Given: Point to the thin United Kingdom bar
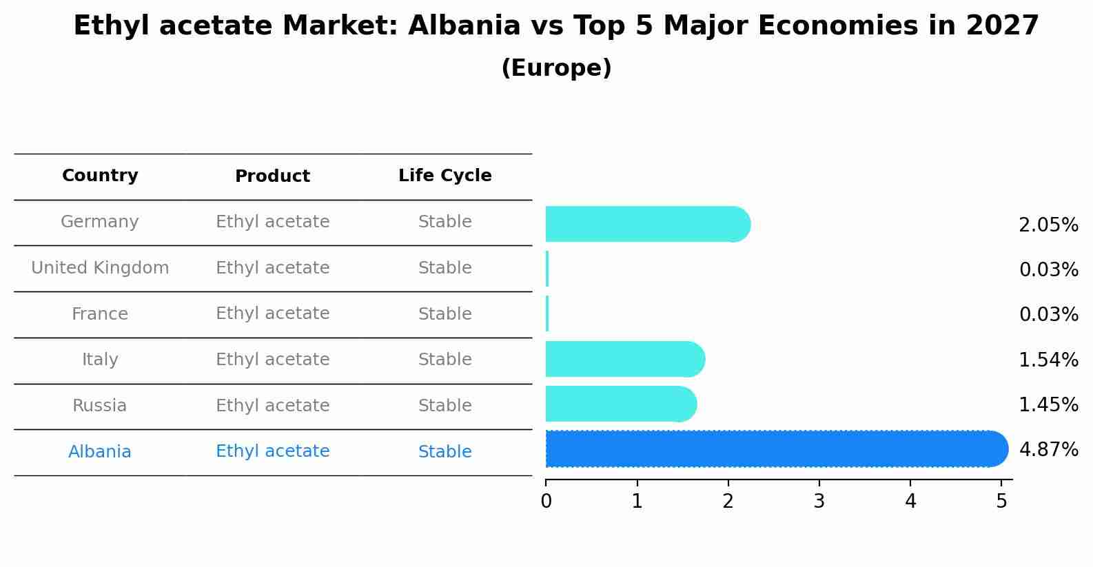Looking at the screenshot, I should [x=547, y=269].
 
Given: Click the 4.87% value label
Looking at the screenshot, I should [x=1048, y=450].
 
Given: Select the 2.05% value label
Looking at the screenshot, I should [x=1048, y=225].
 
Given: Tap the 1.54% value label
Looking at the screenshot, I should [x=1048, y=360].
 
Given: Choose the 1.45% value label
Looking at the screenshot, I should [x=1048, y=404].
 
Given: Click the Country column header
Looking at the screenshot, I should [x=100, y=176].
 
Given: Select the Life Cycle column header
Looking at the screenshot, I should [x=445, y=176].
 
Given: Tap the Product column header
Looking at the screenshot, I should [x=272, y=176].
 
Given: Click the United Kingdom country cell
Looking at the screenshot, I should [x=100, y=268].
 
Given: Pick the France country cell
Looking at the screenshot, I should [x=100, y=314].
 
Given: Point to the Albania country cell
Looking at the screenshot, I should [x=100, y=452].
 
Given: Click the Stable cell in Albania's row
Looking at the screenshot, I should [x=445, y=452].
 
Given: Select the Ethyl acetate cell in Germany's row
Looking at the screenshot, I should [x=272, y=222].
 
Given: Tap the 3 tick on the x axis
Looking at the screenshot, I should [x=819, y=501].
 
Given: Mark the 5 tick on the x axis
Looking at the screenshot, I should [x=1001, y=501].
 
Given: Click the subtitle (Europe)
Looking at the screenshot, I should [x=556, y=68].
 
